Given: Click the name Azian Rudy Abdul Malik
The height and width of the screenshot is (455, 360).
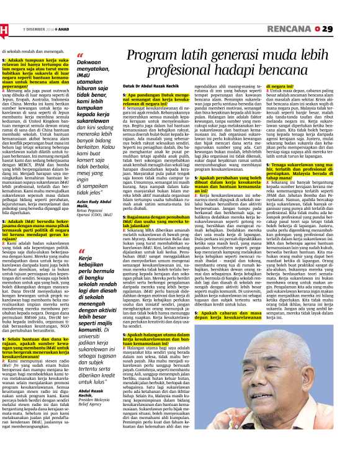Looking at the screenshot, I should tap(92, 215).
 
